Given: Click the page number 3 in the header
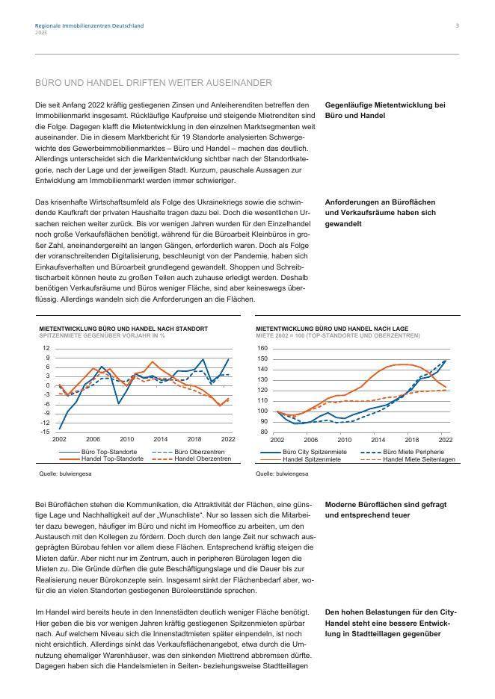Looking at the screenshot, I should [458, 26].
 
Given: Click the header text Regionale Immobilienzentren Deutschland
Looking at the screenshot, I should [90, 26].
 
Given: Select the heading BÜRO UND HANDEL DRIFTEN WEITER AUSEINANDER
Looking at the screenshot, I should [153, 82].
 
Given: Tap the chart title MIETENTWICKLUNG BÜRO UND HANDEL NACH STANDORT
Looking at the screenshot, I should [123, 328].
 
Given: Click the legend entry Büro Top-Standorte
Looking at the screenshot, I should [109, 453].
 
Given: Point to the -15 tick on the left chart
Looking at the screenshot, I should [46, 432].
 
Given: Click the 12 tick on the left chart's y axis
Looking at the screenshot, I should [46, 348].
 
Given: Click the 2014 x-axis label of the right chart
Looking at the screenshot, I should [378, 440].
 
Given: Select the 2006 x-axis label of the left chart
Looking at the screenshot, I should [93, 440].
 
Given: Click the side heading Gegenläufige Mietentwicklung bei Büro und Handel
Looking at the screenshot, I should [385, 111].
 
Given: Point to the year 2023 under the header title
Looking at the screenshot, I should [40, 32].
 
